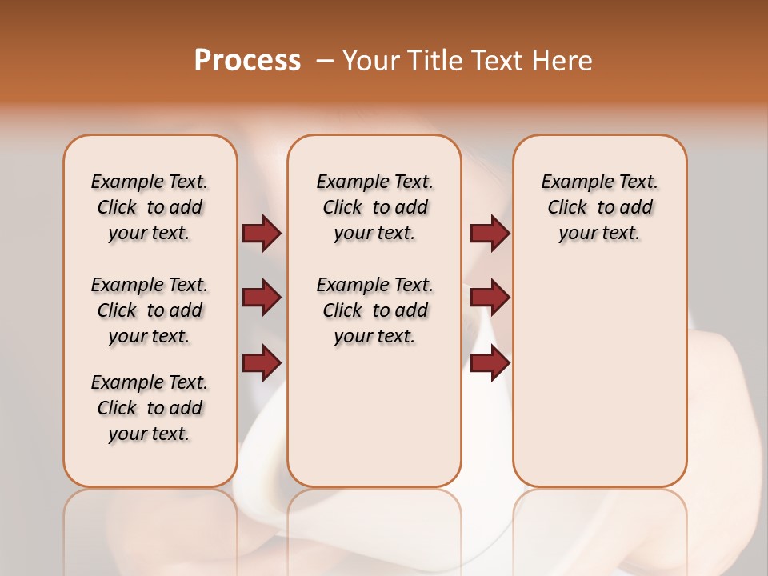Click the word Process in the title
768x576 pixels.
(247, 61)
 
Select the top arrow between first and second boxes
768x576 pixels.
(262, 233)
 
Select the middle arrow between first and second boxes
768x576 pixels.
(262, 298)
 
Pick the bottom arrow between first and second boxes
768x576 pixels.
(262, 362)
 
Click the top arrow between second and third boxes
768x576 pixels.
(490, 233)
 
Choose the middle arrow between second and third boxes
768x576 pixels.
(490, 298)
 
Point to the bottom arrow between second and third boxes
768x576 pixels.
(490, 362)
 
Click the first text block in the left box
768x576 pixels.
(150, 207)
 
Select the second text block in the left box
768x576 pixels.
(150, 310)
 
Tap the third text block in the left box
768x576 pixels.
(150, 408)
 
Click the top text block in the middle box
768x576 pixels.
(374, 207)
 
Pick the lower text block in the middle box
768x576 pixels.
(374, 310)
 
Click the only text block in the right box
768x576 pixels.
(600, 207)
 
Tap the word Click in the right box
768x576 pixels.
(567, 208)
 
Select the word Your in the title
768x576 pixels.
(367, 61)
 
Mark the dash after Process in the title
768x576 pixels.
(325, 61)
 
